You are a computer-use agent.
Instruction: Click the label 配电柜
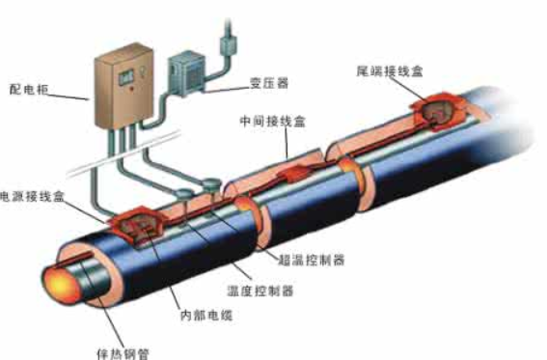(28, 95)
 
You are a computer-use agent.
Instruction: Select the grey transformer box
(189, 72)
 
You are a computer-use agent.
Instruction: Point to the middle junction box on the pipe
(295, 176)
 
